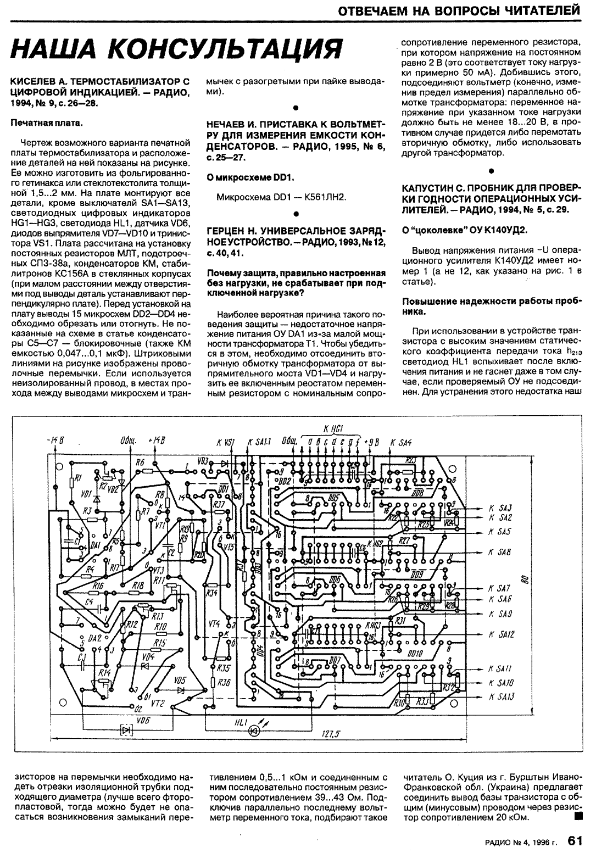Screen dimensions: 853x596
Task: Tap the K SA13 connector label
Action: pos(501,697)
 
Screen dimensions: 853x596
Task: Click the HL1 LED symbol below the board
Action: pos(253,731)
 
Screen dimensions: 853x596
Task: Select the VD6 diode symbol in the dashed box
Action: pos(127,729)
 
